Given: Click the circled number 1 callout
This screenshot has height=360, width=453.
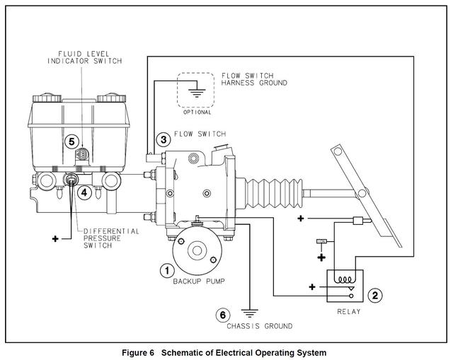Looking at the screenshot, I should (166, 269).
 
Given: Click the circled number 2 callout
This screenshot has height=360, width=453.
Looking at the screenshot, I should (376, 295).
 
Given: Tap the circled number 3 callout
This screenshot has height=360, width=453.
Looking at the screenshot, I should (164, 139).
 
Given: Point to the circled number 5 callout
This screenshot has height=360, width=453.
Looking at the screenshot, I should (71, 141).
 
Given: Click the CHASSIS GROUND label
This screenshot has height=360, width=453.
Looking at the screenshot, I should (259, 326).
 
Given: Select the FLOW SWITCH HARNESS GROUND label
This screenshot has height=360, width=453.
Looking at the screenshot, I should (253, 79).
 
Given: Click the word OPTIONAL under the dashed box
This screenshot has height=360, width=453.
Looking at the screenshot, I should (197, 112).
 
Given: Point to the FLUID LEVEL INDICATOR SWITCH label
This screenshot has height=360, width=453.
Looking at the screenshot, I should (84, 57).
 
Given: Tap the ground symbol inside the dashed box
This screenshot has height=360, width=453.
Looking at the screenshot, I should (197, 90).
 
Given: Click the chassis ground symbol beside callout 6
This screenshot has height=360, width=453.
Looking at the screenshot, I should (248, 310).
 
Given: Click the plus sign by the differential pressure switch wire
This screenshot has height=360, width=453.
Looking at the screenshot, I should (55, 239).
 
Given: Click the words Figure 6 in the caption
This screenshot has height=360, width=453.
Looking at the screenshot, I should (144, 352).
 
